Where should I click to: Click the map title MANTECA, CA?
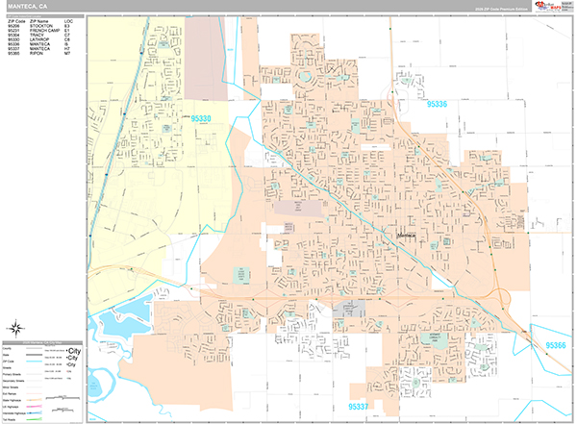(27, 6)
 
